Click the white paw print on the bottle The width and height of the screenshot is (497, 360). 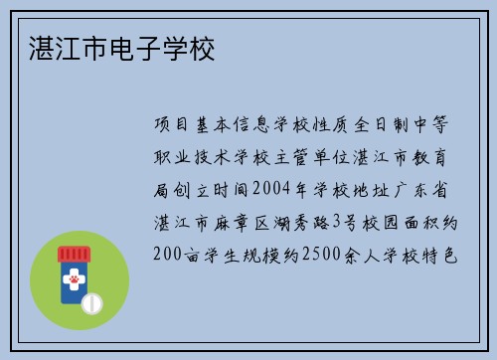73,282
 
